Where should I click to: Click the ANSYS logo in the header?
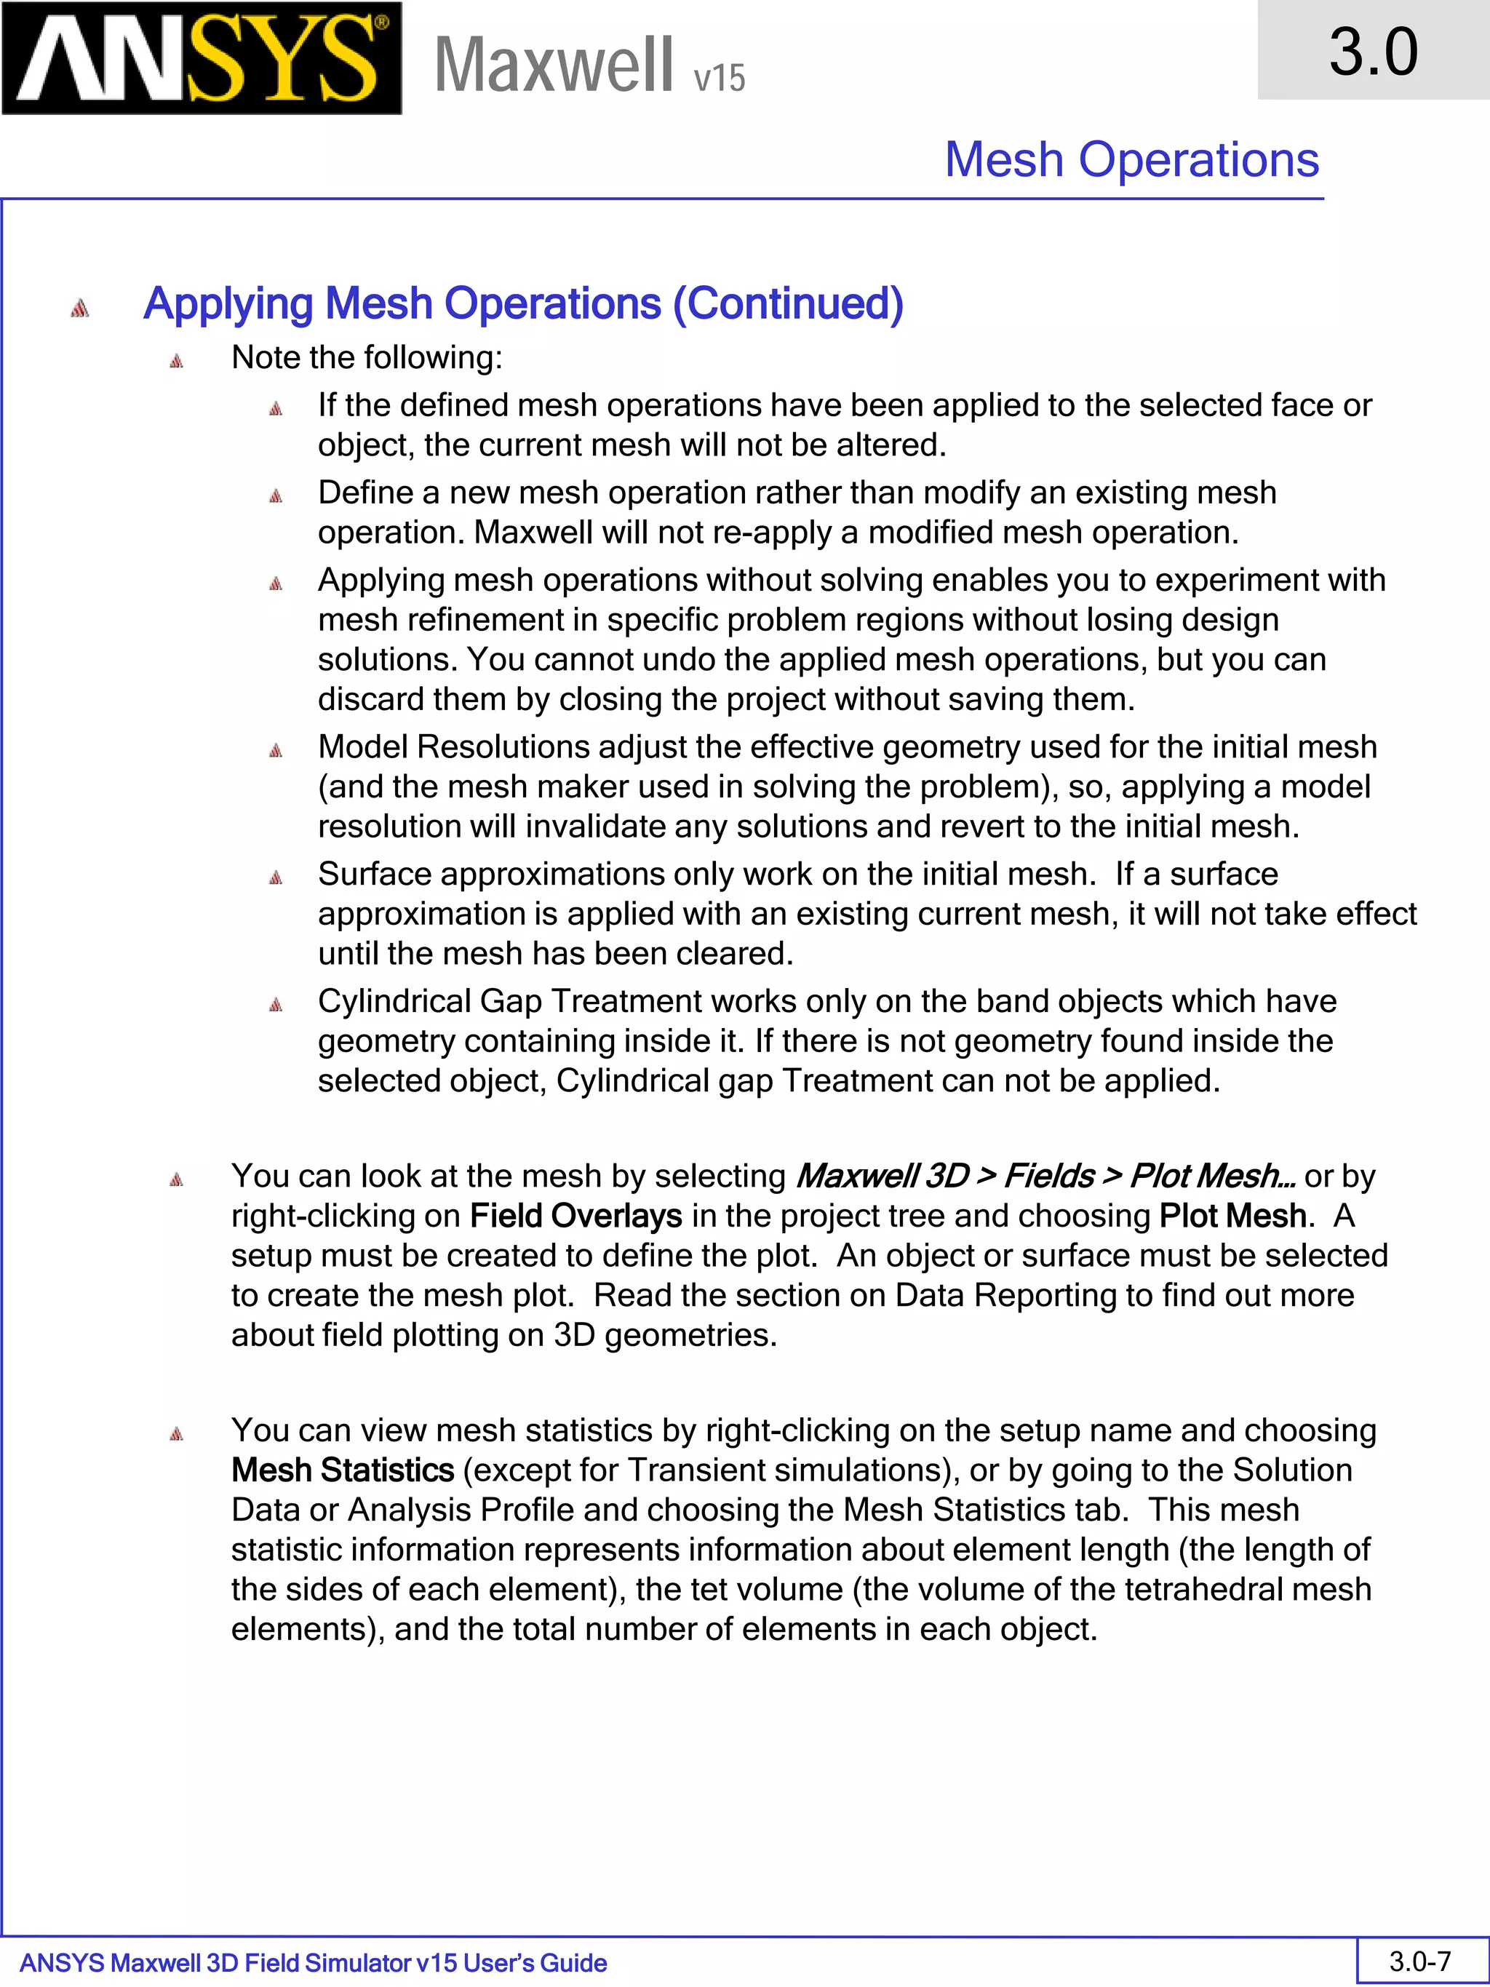click(x=202, y=58)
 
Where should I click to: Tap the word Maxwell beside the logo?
click(x=553, y=65)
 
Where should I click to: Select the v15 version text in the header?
click(x=720, y=78)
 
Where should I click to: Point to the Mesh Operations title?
click(x=1131, y=160)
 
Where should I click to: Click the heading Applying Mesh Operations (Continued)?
click(x=522, y=303)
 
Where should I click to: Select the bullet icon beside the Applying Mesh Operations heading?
click(x=80, y=308)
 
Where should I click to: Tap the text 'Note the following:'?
click(x=367, y=357)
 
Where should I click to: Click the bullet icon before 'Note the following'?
click(x=176, y=361)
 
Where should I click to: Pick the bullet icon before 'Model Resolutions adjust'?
click(x=276, y=750)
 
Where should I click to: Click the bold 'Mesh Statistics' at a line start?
click(x=342, y=1470)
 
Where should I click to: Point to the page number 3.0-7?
click(x=1420, y=1961)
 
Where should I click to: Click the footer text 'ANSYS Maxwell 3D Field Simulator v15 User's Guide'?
click(x=313, y=1963)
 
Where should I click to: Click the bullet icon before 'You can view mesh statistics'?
click(x=176, y=1433)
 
